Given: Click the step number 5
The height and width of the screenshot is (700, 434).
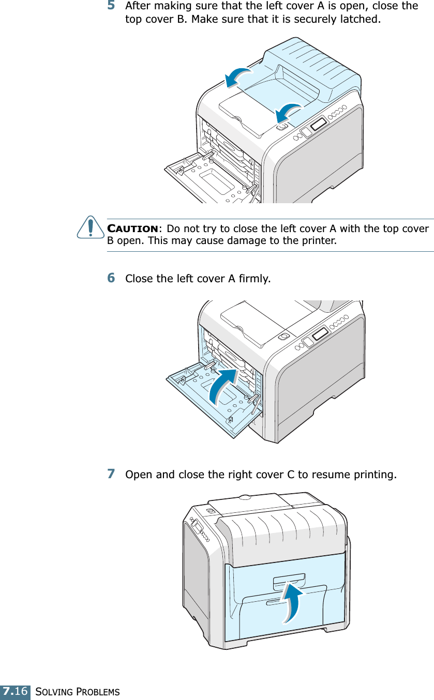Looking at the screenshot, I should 111,6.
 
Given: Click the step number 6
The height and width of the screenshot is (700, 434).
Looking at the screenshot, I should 111,278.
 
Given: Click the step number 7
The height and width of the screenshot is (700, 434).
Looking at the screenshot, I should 111,474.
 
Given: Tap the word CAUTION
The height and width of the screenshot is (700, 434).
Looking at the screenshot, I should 132,229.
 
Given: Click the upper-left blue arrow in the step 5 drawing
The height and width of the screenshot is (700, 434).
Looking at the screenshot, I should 238,78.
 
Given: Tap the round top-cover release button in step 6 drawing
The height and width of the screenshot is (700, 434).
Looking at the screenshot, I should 283,336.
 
